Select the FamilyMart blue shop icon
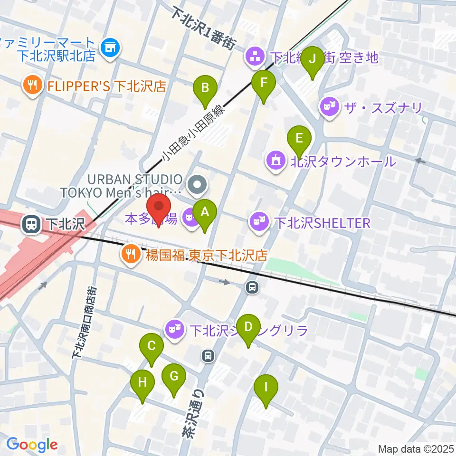click(111, 47)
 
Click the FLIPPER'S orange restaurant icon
click(32, 85)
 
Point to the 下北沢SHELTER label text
click(323, 223)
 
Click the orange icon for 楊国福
click(130, 254)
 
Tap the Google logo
click(32, 445)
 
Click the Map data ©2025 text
click(416, 448)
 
